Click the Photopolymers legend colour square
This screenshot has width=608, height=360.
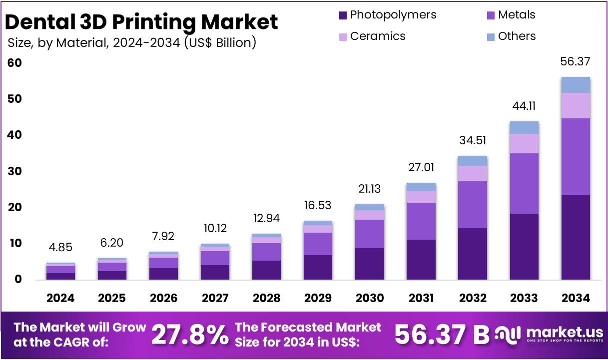[343, 15]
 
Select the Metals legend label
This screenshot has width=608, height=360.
[517, 15]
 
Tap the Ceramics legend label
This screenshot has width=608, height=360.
[378, 36]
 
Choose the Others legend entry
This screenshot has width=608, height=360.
[517, 36]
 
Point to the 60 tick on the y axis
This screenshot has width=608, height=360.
[14, 63]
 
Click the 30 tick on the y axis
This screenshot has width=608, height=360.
[14, 171]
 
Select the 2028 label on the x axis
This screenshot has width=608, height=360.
[267, 298]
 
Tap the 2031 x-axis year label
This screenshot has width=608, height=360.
[421, 298]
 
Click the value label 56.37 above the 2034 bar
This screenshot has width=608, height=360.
[576, 62]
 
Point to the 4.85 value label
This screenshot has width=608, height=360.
[60, 248]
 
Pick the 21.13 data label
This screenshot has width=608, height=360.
[370, 189]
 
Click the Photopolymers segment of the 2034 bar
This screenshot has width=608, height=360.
[576, 237]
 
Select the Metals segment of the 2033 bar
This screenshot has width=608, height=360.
[524, 183]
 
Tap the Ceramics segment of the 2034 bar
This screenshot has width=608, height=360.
[576, 105]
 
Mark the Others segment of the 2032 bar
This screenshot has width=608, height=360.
[473, 161]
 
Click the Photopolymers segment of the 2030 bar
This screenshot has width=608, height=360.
[370, 264]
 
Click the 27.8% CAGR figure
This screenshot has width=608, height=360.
[190, 335]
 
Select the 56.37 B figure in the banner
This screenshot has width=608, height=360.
[442, 335]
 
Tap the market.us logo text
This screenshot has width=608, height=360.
[565, 332]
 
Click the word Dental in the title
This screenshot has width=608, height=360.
[37, 22]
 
